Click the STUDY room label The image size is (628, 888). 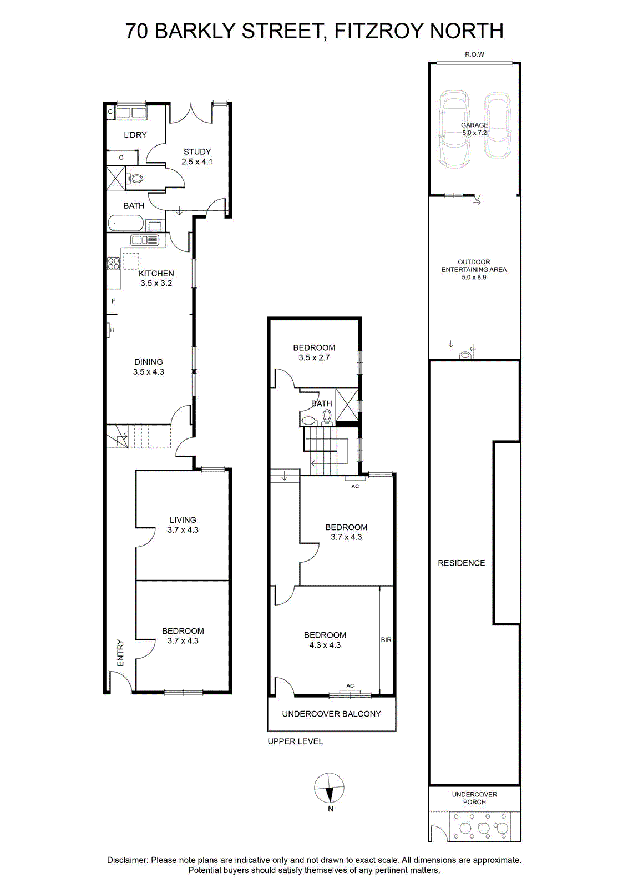[197, 152]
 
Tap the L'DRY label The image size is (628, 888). [135, 135]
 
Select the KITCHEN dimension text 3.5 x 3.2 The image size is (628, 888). [156, 283]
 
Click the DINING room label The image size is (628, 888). [149, 361]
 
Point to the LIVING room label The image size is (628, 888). [183, 519]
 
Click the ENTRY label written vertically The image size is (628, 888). [120, 653]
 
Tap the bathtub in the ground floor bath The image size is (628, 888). [125, 223]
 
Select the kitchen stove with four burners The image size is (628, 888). [114, 264]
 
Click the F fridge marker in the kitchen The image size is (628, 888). [113, 301]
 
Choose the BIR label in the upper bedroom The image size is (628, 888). [386, 640]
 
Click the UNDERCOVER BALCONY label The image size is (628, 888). [331, 714]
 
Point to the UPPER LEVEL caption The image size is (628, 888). [295, 741]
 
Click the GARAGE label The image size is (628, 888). [474, 125]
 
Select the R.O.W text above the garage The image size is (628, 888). [475, 54]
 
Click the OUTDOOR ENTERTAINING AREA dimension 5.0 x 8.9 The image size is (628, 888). [474, 277]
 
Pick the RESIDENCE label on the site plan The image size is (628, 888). [461, 563]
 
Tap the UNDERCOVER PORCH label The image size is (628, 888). [474, 798]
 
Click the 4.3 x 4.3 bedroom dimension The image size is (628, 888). [325, 645]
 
